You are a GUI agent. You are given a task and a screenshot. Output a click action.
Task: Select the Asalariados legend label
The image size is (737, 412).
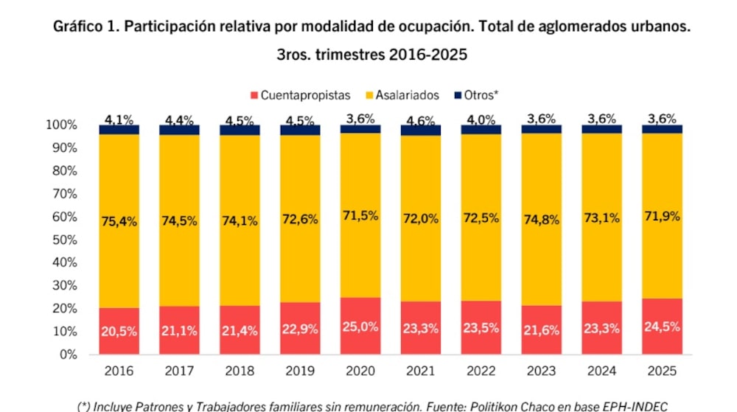click(x=407, y=96)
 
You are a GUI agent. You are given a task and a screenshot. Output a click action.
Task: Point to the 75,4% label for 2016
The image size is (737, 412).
click(x=119, y=221)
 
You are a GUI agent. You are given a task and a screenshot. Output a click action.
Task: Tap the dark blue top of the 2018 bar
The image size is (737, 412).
click(x=240, y=130)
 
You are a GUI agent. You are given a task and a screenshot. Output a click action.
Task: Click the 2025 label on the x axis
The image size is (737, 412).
click(x=662, y=370)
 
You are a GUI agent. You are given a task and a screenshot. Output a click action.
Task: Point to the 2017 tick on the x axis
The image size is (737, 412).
click(x=179, y=370)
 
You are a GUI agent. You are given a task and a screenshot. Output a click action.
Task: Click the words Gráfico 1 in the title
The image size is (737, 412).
click(x=85, y=27)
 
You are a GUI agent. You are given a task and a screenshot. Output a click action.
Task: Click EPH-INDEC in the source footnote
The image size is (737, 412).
click(x=629, y=405)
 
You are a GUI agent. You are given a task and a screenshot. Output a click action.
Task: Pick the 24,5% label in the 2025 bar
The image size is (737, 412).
click(x=662, y=326)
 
